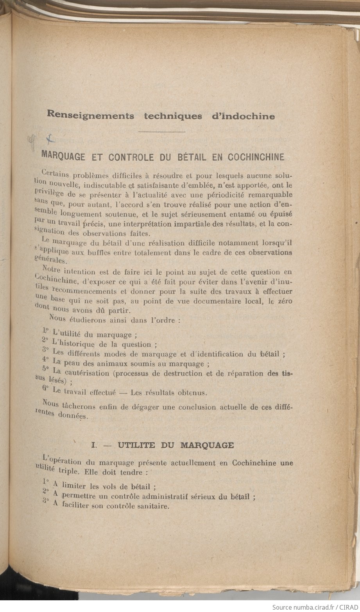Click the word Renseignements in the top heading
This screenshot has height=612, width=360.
[90, 116]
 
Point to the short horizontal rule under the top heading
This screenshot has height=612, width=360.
[162, 132]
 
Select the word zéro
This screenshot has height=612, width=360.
[283, 301]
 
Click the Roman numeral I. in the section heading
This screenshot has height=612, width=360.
[94, 445]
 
